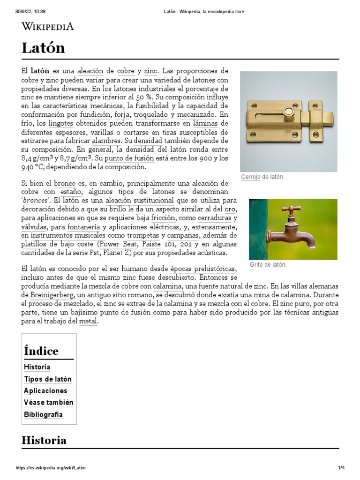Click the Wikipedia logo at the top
[x=48, y=26]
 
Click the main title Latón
[x=43, y=48]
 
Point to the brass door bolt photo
[x=288, y=121]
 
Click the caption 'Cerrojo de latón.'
[x=262, y=177]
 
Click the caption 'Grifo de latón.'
[x=267, y=265]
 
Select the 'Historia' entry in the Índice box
[x=37, y=367]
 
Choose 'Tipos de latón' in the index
[x=48, y=379]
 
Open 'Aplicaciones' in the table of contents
[x=45, y=391]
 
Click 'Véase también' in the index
[x=49, y=403]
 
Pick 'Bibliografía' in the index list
[x=44, y=415]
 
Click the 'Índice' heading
[x=41, y=351]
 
